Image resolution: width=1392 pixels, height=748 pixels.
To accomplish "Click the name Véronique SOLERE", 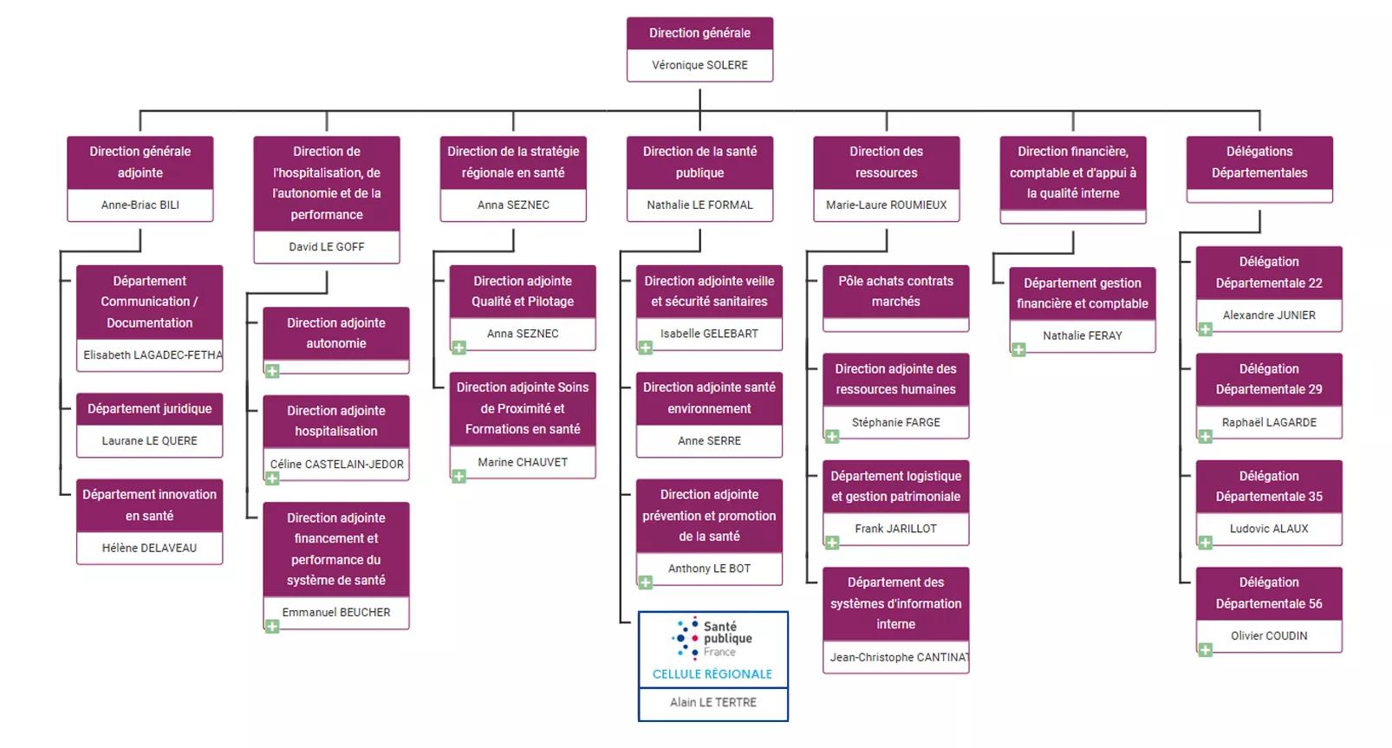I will (x=699, y=65).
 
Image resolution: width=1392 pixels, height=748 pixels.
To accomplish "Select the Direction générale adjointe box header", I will (x=140, y=162).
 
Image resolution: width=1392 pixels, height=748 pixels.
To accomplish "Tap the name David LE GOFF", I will (x=327, y=247).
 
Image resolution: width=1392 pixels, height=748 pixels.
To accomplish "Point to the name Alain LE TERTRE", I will (x=712, y=703).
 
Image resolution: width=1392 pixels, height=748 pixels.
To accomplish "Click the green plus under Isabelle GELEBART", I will (x=645, y=348).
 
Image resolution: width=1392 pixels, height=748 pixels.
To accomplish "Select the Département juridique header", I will (x=149, y=409).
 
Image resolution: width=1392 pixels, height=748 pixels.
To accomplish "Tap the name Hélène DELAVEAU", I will (x=149, y=548).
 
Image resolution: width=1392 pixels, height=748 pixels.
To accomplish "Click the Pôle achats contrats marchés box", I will (x=895, y=292).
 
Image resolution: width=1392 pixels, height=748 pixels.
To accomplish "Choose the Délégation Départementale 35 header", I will (x=1268, y=486).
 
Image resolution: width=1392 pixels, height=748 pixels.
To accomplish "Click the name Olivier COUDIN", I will (x=1268, y=636).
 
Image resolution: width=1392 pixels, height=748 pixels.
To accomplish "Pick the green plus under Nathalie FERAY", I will (x=1018, y=350).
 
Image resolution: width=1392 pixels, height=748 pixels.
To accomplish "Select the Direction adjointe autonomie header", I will (x=336, y=333).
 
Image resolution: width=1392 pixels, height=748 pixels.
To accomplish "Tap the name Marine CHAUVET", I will (x=523, y=463).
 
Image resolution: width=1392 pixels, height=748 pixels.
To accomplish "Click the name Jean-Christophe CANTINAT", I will (x=898, y=658).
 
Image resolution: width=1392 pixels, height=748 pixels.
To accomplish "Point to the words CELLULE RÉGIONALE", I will (x=712, y=674).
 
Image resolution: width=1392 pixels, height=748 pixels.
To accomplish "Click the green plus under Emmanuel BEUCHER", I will (x=272, y=627).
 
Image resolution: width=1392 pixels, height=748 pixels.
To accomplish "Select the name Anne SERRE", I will (x=709, y=441).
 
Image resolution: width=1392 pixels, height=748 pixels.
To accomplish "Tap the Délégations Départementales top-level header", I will (x=1259, y=162).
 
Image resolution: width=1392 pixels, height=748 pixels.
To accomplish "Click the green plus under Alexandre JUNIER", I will (x=1205, y=329).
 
